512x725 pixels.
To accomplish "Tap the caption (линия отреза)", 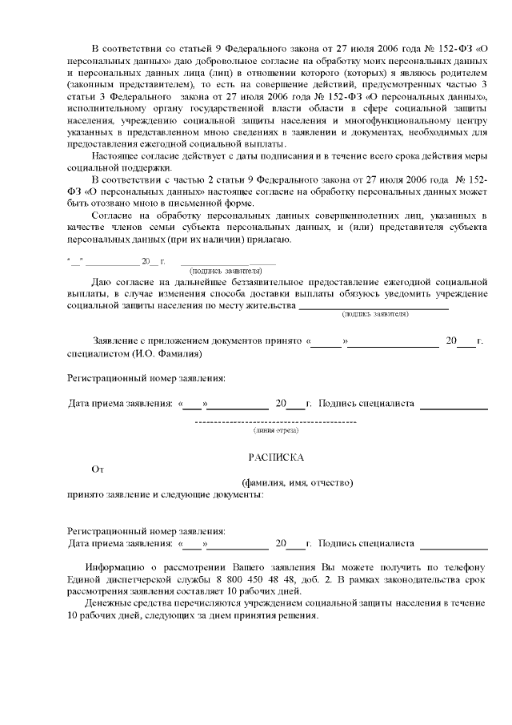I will click(276, 430).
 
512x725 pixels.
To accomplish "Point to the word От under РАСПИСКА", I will click(98, 469).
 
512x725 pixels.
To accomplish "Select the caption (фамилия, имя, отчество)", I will click(298, 483).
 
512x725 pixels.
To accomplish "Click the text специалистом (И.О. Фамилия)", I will click(134, 353).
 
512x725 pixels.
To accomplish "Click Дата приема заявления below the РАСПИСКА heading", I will click(119, 543).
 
